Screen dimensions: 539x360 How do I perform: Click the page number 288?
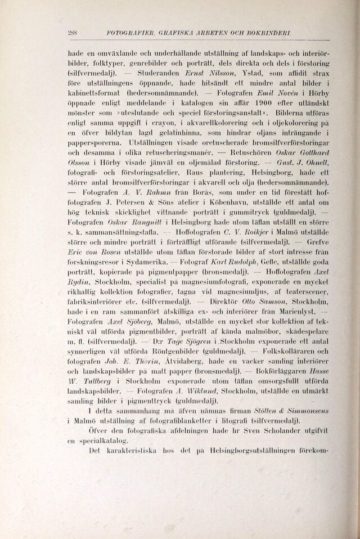pyautogui.click(x=73, y=33)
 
